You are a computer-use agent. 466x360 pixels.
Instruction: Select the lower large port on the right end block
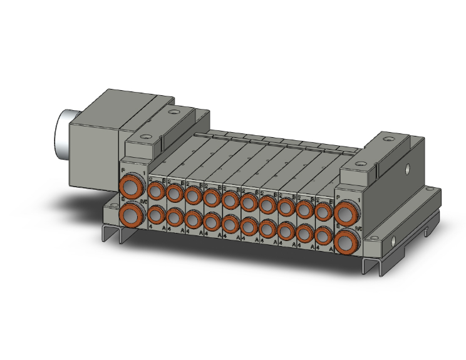click(345, 242)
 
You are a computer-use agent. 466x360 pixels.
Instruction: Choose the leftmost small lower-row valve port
click(157, 215)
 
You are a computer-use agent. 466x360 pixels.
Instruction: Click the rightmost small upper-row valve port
click(324, 212)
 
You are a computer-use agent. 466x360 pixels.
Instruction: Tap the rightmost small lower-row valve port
click(324, 236)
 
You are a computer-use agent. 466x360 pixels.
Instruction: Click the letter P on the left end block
click(123, 170)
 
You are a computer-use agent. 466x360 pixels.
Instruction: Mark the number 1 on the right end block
click(358, 200)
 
